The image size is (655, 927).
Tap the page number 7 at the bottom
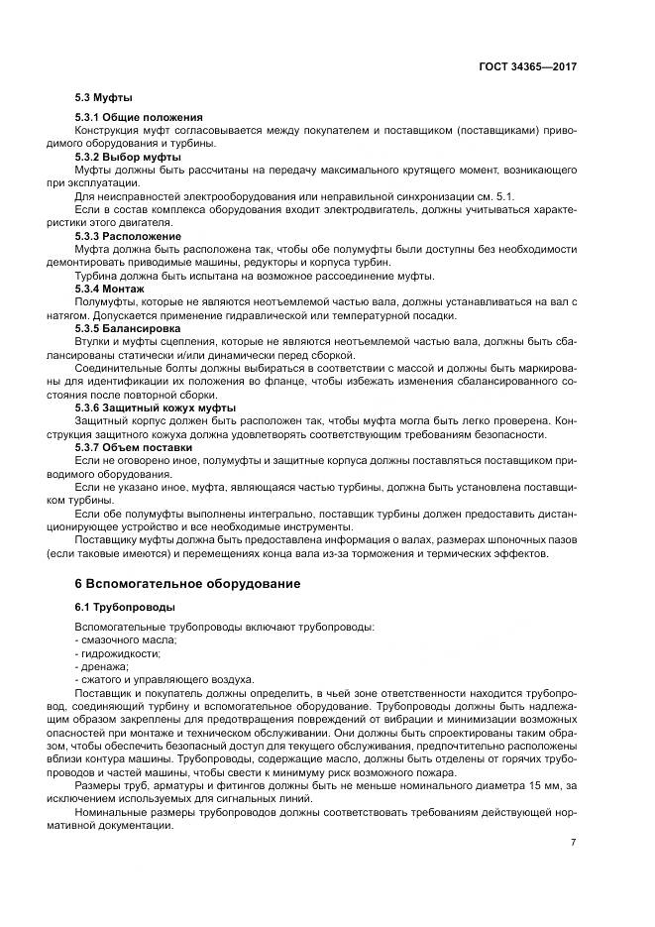tap(574, 842)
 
